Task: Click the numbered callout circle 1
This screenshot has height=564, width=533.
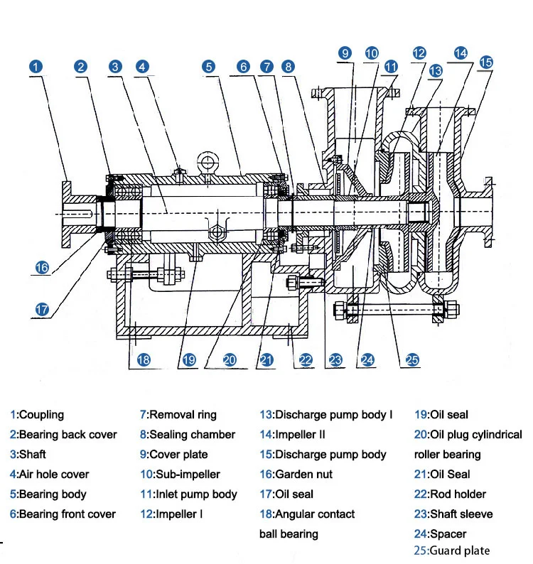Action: [x=36, y=67]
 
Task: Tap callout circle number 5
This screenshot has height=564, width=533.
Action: [x=209, y=67]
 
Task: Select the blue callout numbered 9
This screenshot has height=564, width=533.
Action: [x=345, y=53]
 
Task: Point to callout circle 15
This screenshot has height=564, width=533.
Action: [x=486, y=63]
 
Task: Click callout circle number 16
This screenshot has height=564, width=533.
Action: [x=42, y=267]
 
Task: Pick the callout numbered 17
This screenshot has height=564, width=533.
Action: [x=42, y=309]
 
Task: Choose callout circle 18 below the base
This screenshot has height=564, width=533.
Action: [x=144, y=359]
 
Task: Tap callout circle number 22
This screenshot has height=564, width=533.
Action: [x=306, y=359]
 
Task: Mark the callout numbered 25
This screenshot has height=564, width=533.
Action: [x=412, y=359]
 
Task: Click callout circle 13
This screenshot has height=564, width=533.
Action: [x=436, y=71]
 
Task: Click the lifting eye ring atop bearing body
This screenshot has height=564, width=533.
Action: [x=208, y=161]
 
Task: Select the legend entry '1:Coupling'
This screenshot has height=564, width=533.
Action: [x=37, y=415]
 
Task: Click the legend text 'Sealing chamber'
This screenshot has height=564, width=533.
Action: [x=192, y=435]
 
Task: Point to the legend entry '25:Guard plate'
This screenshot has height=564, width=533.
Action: [x=452, y=551]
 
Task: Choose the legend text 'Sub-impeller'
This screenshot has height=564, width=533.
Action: [x=188, y=474]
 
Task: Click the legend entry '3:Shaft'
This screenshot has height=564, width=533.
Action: [x=28, y=455]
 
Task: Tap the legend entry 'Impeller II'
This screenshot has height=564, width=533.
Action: [x=300, y=435]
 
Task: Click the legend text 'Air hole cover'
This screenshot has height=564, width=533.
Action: [x=53, y=474]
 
